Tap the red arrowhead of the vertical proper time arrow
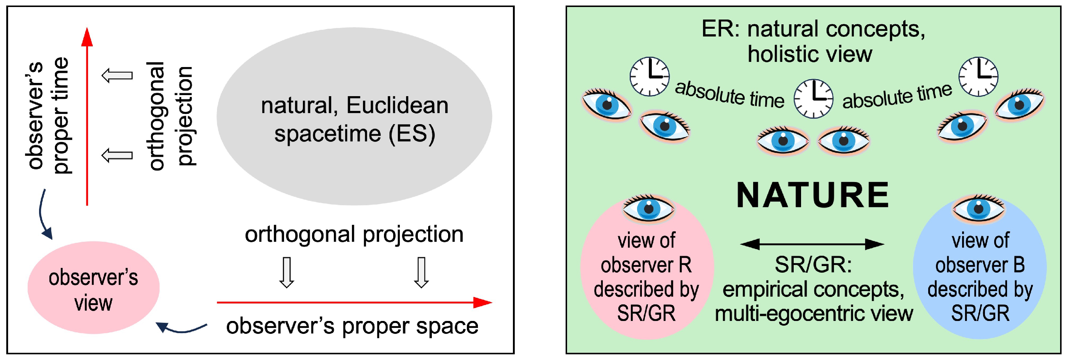87,37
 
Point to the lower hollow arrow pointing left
118,155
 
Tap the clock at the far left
649,77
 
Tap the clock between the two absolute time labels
813,99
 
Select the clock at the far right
978,77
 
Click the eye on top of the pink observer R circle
649,208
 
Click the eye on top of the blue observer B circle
978,208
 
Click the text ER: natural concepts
813,29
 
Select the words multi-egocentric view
814,313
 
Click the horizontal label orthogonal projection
354,234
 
